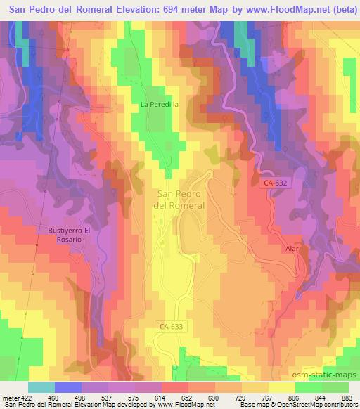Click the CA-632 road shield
(x=276, y=183)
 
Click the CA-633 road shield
(x=170, y=325)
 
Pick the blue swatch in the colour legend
(x=68, y=387)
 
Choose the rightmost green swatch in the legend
(x=335, y=387)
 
